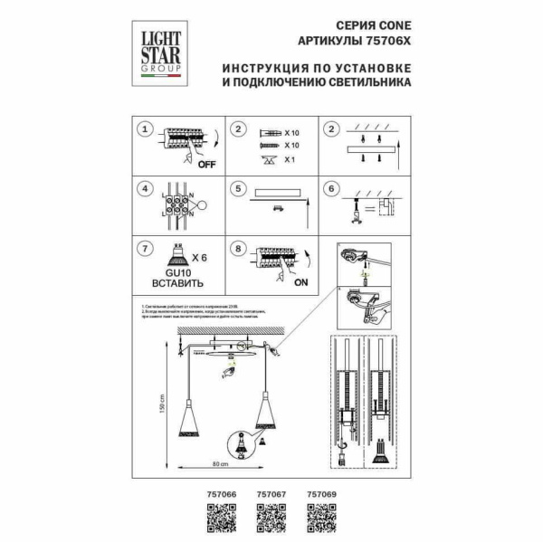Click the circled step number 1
pyautogui.click(x=142, y=129)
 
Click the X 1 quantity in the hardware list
pyautogui.click(x=290, y=159)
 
